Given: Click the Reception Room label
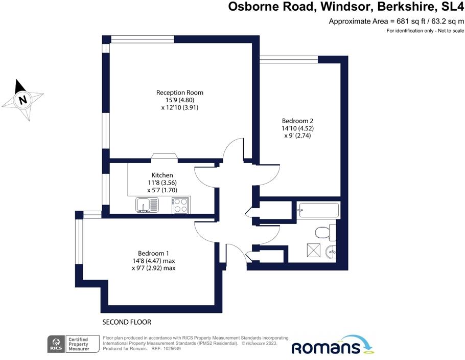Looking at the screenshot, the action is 180,93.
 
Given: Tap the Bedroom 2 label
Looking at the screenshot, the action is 297,121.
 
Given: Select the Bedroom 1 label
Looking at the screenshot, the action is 153,254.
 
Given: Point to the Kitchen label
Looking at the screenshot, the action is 162,175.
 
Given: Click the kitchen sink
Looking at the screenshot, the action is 147,205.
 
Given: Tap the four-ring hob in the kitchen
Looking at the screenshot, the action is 180,205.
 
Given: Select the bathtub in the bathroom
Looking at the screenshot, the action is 318,210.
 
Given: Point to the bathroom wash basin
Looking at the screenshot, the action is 331,253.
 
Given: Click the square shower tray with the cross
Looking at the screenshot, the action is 314,250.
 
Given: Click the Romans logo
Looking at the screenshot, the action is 333,345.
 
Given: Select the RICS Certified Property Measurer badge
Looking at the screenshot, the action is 73,344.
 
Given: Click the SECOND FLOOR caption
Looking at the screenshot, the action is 127,322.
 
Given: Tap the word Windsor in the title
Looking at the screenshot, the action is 346,7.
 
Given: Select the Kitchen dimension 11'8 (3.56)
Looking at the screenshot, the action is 162,183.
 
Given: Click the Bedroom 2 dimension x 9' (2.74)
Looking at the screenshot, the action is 297,136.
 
